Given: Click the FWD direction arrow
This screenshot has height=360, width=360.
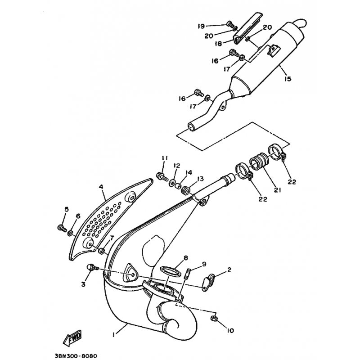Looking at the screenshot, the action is [x=72, y=338].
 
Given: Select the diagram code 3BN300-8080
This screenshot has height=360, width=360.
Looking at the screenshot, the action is [x=76, y=356].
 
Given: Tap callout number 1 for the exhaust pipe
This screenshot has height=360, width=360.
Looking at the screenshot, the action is [x=114, y=335].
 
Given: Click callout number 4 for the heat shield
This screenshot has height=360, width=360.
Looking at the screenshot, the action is [x=101, y=187].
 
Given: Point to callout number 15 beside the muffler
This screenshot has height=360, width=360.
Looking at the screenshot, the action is [x=288, y=79].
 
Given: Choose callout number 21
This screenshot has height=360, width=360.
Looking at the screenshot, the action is [x=277, y=190].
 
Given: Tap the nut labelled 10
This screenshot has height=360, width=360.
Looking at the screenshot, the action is [x=214, y=318].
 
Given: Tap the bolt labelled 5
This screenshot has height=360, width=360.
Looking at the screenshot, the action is [x=62, y=228].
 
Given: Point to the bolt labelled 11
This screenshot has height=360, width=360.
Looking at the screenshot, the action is [x=162, y=176].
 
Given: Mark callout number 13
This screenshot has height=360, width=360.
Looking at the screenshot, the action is [x=200, y=179].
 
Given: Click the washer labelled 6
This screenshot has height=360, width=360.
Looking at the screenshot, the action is [x=70, y=234].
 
